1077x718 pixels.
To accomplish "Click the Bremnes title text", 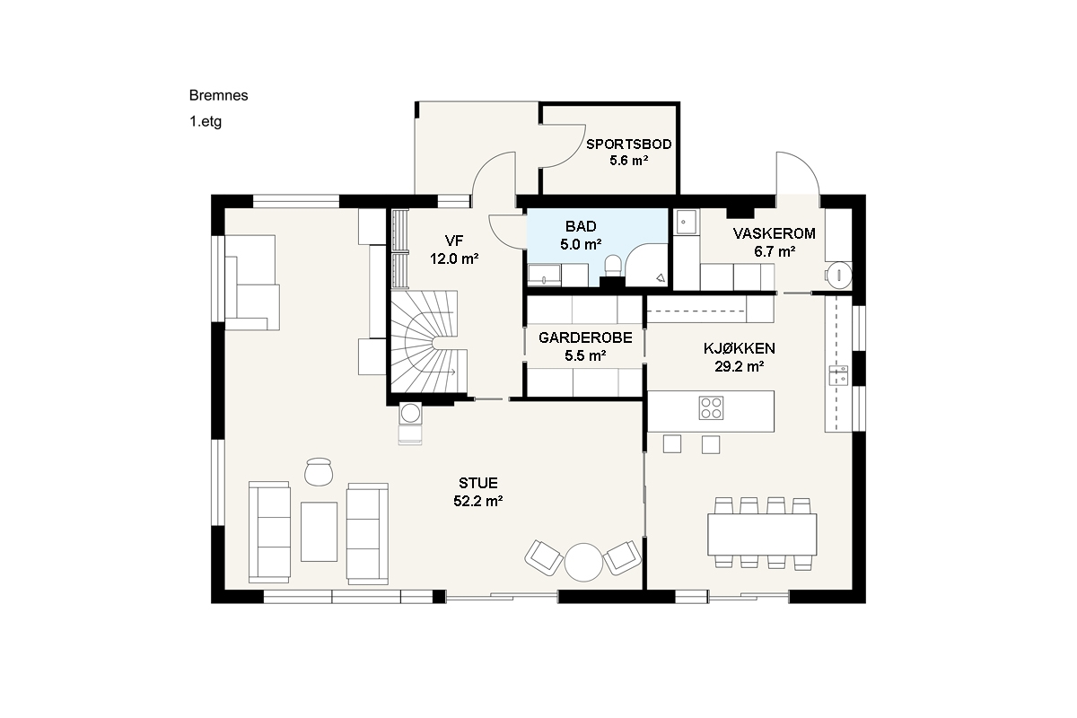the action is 218,95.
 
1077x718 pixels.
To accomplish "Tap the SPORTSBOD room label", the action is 629,144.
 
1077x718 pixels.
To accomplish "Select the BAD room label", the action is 581,226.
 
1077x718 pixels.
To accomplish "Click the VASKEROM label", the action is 774,233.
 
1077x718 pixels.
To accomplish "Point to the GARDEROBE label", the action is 585,337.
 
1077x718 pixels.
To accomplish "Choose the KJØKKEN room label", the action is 739,348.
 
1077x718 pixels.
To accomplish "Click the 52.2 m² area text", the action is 477,501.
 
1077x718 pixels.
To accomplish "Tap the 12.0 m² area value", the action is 454,259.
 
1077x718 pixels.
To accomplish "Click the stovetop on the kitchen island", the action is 711,407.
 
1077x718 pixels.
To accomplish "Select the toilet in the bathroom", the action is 613,265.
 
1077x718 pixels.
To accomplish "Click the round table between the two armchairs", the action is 583,562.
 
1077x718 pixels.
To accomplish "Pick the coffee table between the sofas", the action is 319,531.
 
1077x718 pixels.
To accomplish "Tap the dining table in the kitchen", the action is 762,534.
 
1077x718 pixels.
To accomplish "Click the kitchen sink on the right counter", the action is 838,375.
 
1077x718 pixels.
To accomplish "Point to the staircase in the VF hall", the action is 428,341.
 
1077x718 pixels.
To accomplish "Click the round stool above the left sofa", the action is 319,472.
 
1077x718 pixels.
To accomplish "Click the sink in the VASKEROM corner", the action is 686,223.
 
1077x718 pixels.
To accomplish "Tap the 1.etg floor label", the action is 206,122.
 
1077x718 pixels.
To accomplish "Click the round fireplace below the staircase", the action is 411,413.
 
